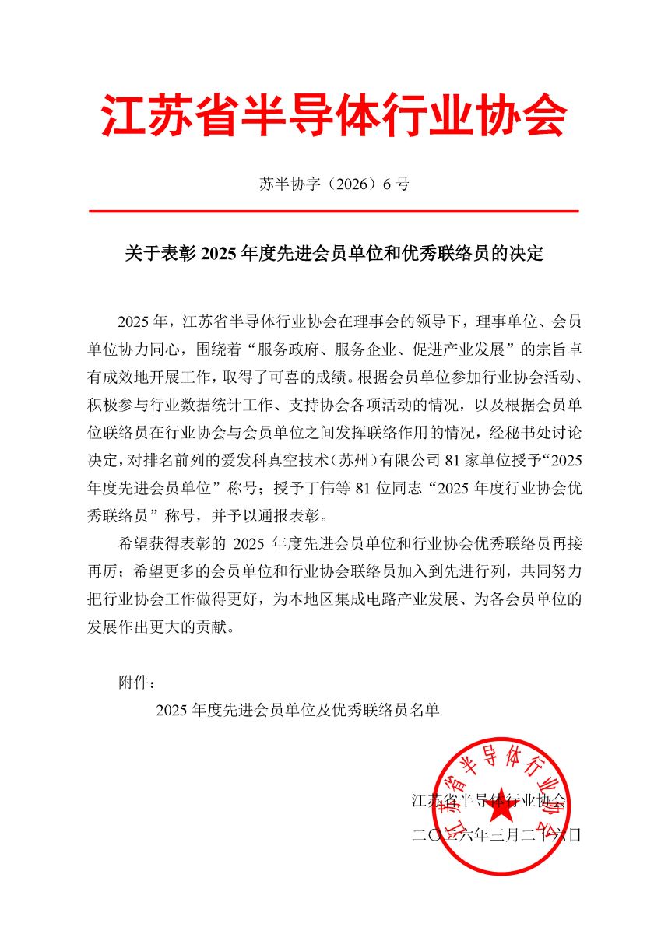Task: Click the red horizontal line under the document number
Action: pos(333,211)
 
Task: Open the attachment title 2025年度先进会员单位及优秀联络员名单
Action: pos(297,711)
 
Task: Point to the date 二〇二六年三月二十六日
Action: pos(496,836)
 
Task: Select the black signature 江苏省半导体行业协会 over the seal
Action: pos(489,800)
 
